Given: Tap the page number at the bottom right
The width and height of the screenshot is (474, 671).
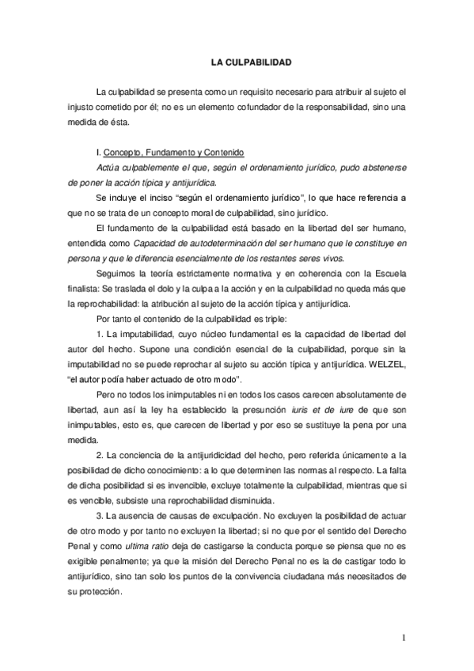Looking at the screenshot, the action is click(403, 637).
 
